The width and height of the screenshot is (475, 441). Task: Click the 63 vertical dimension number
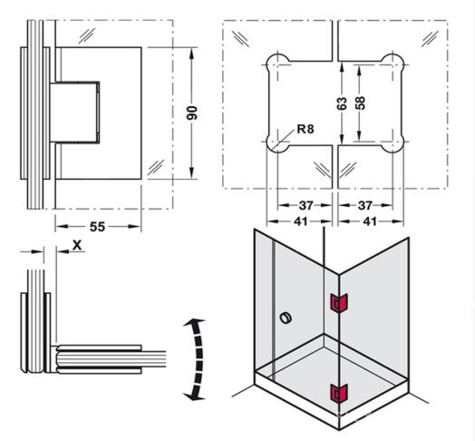343,103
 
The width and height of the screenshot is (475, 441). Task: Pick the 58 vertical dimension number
362,103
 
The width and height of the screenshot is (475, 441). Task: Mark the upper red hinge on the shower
338,302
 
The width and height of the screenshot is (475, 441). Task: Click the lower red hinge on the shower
338,393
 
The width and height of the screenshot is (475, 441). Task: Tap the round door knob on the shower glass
287,318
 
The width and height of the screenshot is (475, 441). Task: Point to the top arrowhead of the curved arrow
191,325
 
